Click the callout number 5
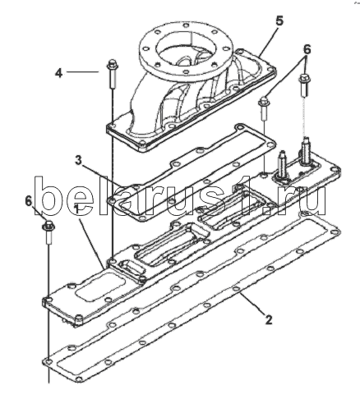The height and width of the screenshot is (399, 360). click(279, 21)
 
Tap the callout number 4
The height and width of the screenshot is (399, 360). click(59, 73)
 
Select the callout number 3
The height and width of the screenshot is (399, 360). click(79, 160)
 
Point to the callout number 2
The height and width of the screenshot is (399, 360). click(269, 319)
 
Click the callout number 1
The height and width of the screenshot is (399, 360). click(78, 209)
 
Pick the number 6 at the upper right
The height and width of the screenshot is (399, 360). click(307, 50)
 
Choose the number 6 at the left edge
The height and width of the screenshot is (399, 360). click(29, 201)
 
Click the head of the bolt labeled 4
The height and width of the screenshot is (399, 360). click(112, 65)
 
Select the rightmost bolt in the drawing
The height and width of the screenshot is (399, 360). click(304, 85)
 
